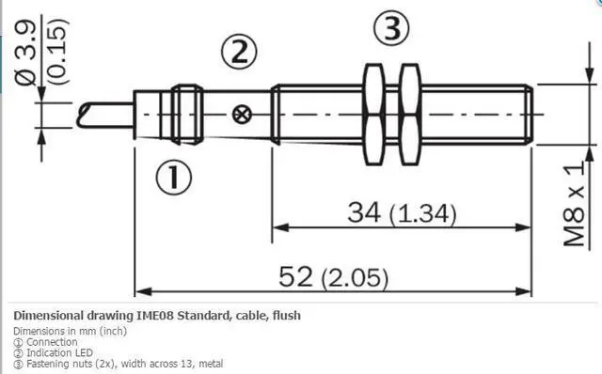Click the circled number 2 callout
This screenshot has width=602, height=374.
(x=240, y=52)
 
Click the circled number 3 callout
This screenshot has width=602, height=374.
(x=392, y=30)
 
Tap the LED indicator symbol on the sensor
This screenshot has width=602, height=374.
(x=242, y=116)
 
